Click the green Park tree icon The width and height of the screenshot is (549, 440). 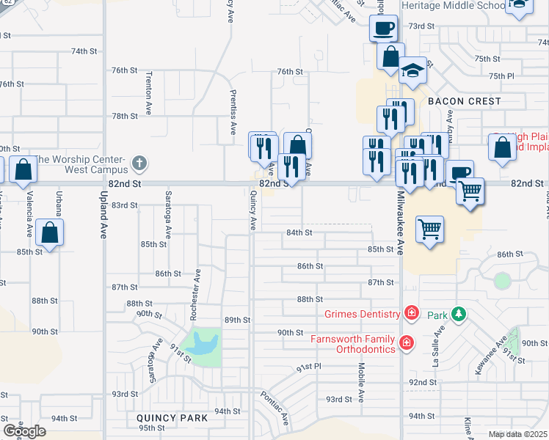point(459,315)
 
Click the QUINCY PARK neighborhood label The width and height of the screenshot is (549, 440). point(172,418)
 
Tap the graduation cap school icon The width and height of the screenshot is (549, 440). point(413,70)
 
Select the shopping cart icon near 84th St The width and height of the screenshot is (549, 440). point(430,228)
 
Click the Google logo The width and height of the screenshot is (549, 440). point(24,430)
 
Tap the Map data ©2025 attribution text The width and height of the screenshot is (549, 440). point(517,434)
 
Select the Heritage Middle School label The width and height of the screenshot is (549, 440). point(453,5)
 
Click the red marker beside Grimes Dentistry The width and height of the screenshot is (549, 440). point(412,314)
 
